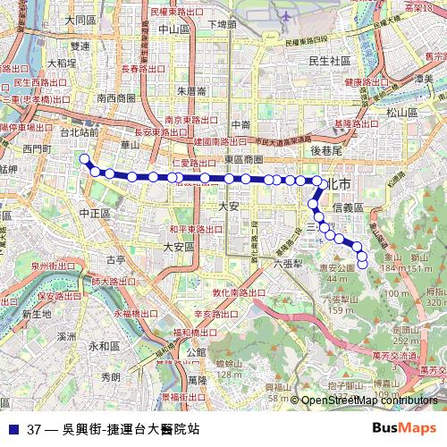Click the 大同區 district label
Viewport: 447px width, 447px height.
click(80, 20)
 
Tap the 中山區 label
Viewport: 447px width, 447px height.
click(173, 29)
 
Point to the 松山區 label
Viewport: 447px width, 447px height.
click(402, 113)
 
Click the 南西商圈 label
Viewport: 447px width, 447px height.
click(116, 98)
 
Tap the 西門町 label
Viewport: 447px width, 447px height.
click(38, 148)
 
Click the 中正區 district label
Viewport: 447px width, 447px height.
click(94, 214)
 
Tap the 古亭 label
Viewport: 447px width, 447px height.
click(116, 260)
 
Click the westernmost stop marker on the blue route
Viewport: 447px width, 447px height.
click(85, 159)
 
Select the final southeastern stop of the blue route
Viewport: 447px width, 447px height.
click(362, 264)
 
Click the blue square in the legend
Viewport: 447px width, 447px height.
click(13, 428)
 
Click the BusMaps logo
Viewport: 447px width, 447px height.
click(404, 427)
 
